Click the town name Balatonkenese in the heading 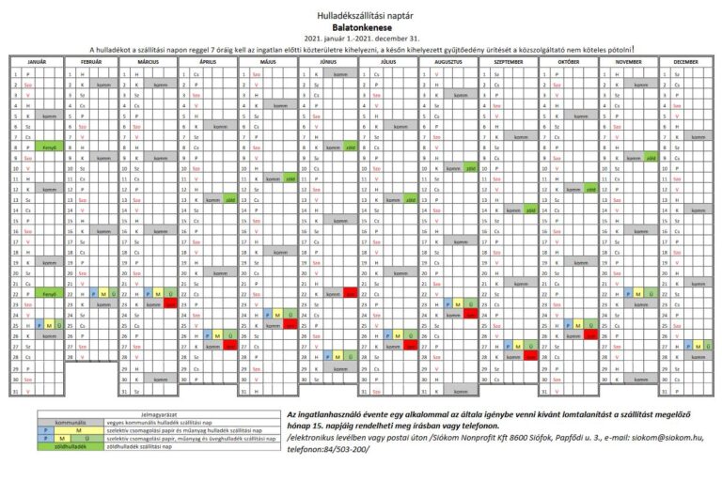[361, 27]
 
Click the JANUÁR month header [36, 61]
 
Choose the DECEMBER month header [684, 61]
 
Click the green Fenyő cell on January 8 [50, 147]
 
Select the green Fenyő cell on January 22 [50, 294]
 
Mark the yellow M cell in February [102, 294]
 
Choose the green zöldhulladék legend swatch [71, 446]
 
